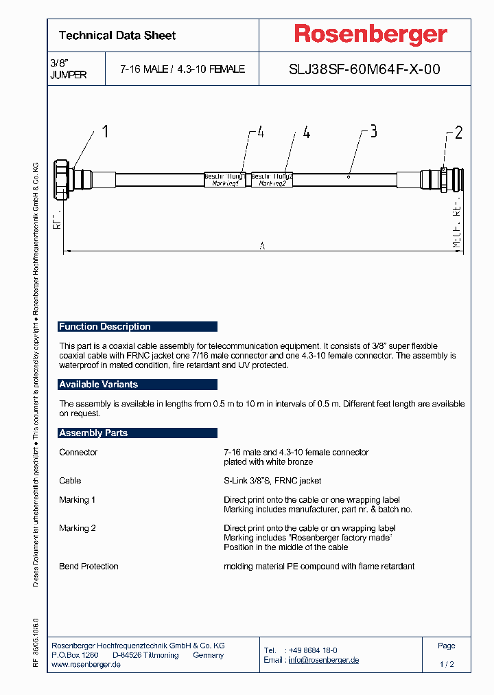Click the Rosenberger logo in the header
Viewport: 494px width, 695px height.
tap(370, 34)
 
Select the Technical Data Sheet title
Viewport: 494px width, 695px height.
tap(117, 36)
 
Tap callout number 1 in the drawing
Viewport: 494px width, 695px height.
tap(105, 132)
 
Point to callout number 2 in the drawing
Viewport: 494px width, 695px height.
tap(459, 133)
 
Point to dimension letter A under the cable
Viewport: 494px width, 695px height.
tap(262, 246)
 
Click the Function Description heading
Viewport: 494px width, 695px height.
tap(105, 327)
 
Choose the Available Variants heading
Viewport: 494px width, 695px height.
tap(99, 385)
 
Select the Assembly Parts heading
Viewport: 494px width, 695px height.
tap(93, 433)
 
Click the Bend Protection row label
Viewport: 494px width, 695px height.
tap(89, 567)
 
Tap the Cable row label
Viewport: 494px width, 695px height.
tap(70, 481)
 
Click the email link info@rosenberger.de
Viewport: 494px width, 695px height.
tap(323, 660)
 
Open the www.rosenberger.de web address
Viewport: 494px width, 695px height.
tap(86, 665)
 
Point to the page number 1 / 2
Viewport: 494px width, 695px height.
tap(447, 665)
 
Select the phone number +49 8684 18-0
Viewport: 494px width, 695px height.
tap(312, 650)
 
